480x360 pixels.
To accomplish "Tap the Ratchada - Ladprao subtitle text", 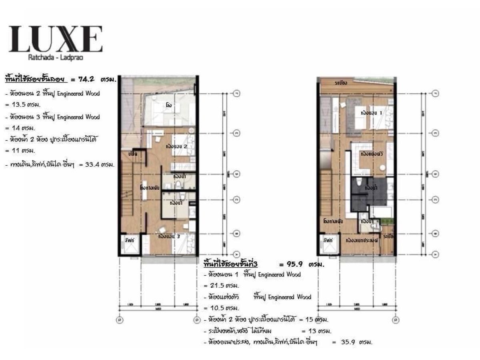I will point(56,57).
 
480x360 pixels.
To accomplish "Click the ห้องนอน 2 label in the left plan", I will point(176,147).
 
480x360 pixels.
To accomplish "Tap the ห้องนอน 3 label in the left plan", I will point(169,236).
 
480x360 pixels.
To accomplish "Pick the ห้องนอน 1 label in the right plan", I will point(371,113).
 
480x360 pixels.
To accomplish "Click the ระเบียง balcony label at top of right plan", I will point(341,83).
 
